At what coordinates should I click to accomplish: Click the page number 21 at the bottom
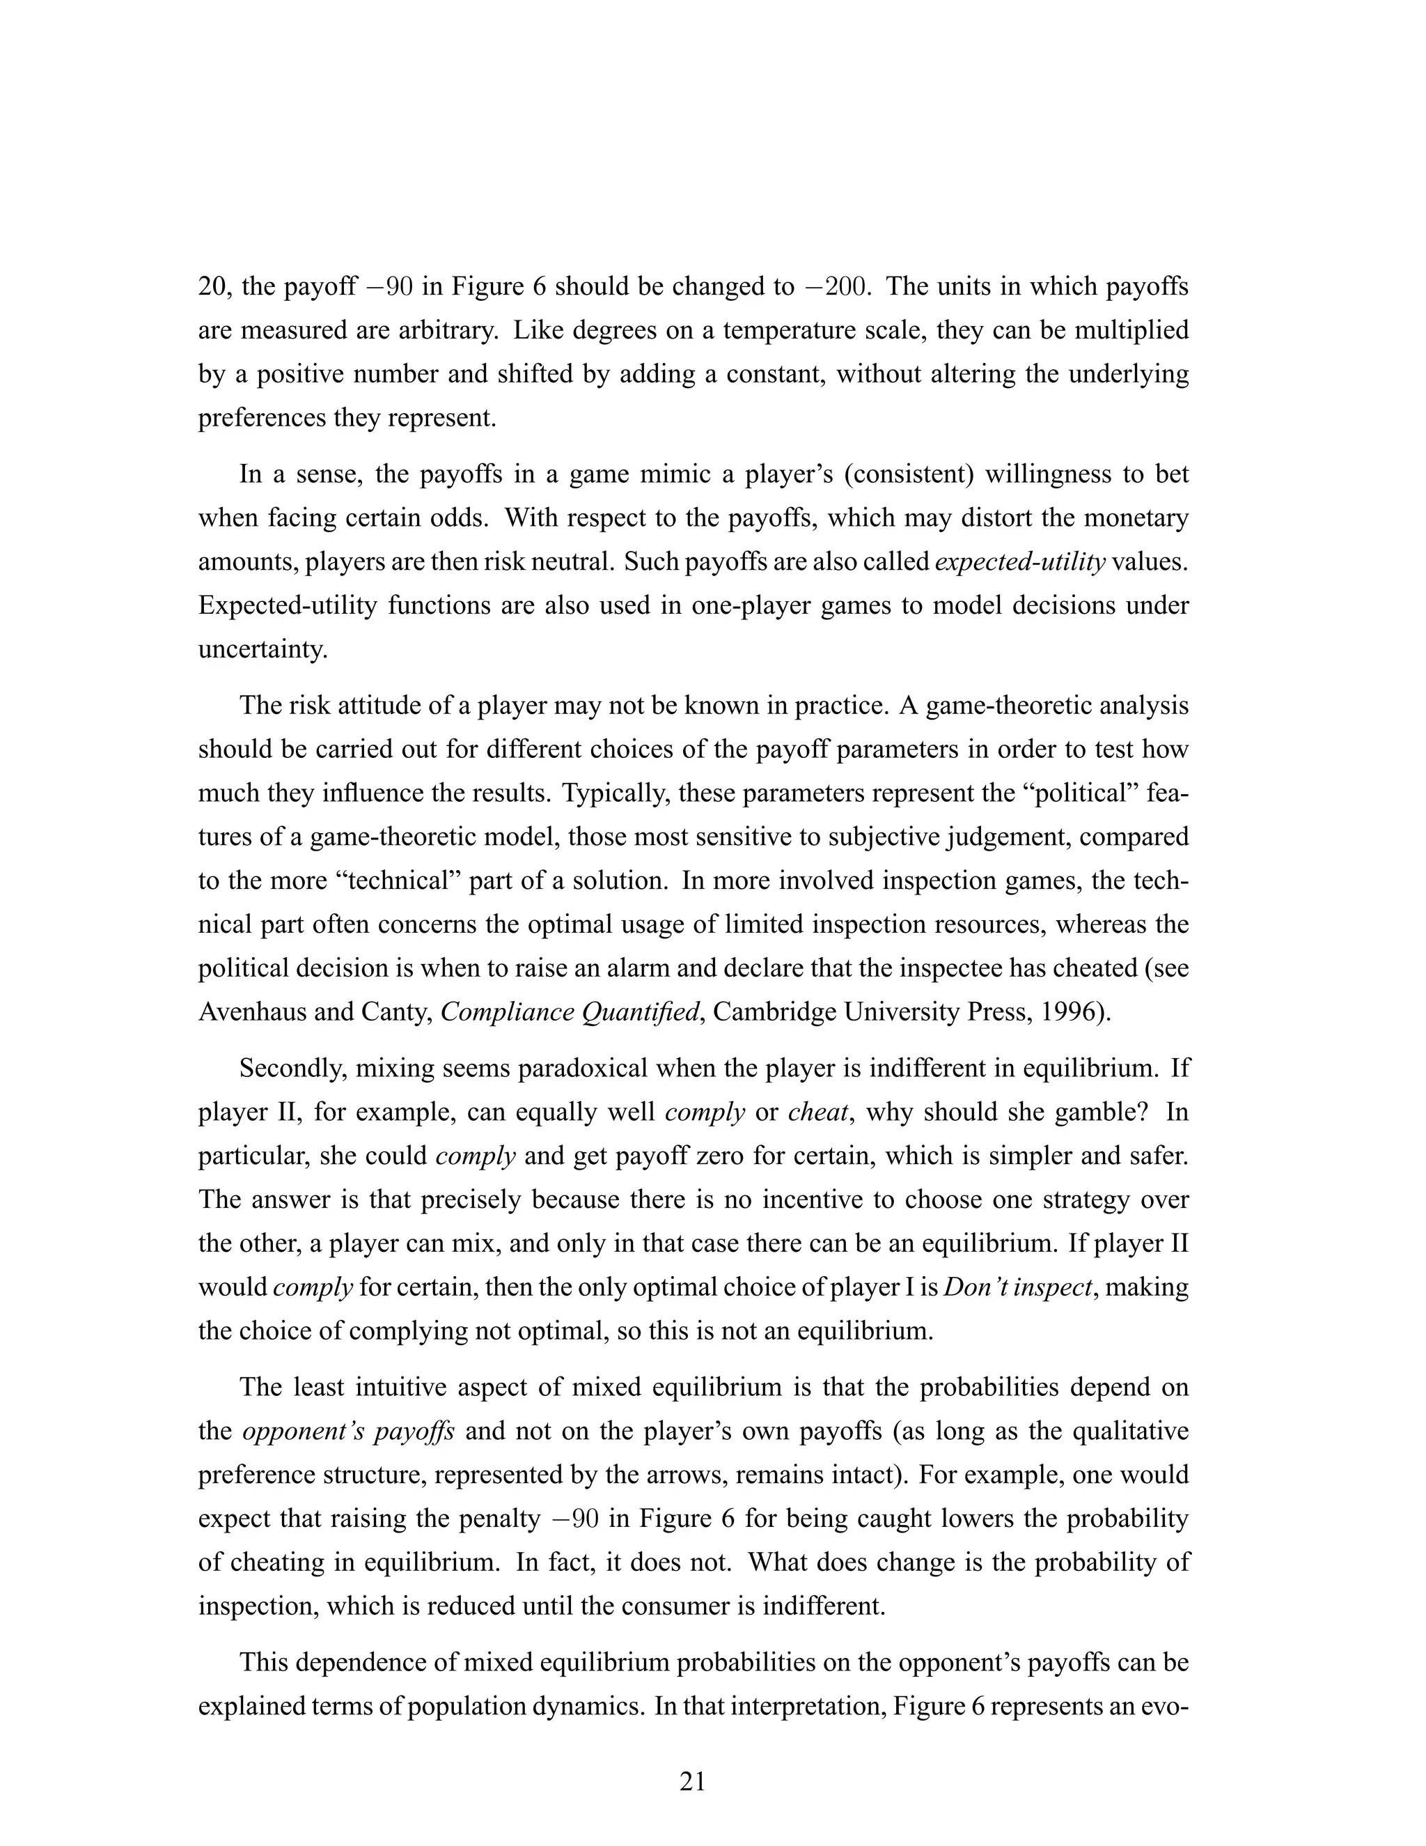692,1781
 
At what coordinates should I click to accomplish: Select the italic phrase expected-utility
1019,562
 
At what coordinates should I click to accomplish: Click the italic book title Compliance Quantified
571,1011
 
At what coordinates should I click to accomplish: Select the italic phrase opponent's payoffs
348,1431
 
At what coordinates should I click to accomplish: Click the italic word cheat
816,1112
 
